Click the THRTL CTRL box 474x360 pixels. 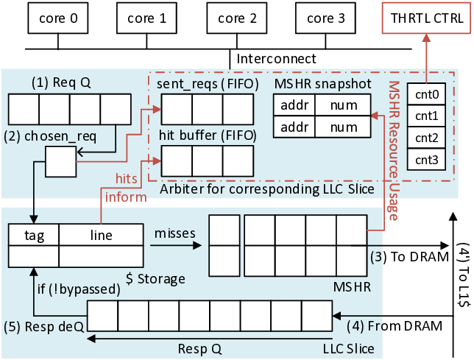[x=425, y=19]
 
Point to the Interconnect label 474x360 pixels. [x=277, y=58]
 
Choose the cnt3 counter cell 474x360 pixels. [x=427, y=160]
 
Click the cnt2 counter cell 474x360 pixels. [x=427, y=138]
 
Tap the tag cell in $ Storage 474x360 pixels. [x=33, y=235]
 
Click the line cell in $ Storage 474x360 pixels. [x=100, y=235]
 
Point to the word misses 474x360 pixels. [x=174, y=233]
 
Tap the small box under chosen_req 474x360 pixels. [x=61, y=160]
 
